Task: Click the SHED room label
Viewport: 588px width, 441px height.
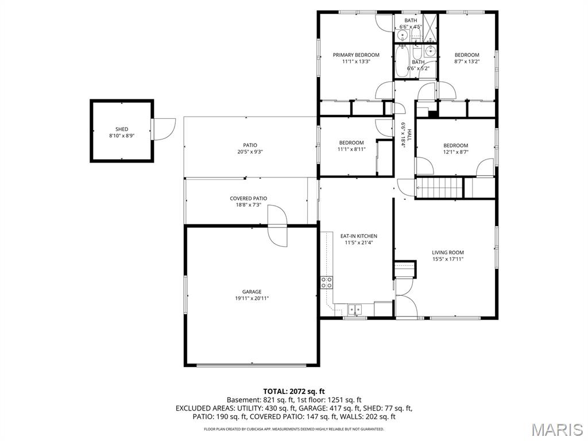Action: pyautogui.click(x=122, y=129)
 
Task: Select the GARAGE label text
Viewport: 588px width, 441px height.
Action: pyautogui.click(x=252, y=292)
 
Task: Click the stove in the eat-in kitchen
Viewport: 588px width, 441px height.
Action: pyautogui.click(x=326, y=282)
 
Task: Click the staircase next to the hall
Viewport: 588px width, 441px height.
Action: pyautogui.click(x=439, y=187)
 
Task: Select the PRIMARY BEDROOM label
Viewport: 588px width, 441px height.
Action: pyautogui.click(x=356, y=55)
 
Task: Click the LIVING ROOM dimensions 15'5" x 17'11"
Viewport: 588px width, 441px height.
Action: pyautogui.click(x=448, y=259)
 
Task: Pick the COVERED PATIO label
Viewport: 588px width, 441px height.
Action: pyautogui.click(x=248, y=199)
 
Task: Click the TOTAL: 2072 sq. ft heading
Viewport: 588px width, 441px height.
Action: pyautogui.click(x=294, y=391)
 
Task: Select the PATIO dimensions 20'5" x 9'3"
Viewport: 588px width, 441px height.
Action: pyautogui.click(x=250, y=152)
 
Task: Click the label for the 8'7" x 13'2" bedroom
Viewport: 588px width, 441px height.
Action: pyautogui.click(x=466, y=55)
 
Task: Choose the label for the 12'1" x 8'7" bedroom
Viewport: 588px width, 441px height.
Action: pyautogui.click(x=455, y=145)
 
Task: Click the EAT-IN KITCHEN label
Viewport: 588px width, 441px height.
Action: pyautogui.click(x=358, y=236)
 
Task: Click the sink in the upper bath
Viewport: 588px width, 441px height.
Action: pyautogui.click(x=403, y=36)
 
